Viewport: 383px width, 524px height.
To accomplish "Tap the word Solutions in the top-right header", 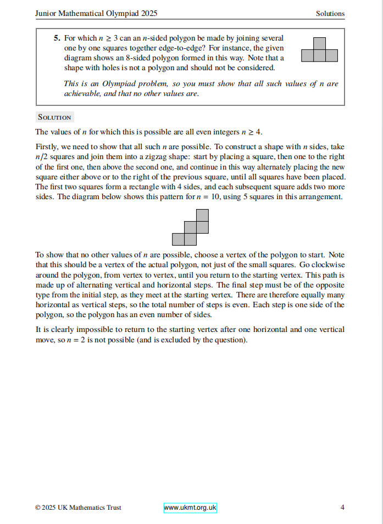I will click(x=330, y=13).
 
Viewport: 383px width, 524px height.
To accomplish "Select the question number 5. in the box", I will click(x=57, y=38).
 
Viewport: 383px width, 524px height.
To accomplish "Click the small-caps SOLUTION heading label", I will click(x=54, y=117).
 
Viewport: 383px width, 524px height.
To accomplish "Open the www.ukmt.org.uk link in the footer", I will click(x=190, y=508).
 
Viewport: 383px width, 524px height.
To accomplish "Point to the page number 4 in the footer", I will click(x=342, y=508).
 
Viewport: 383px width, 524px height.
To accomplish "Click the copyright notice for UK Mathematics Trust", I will click(x=78, y=508).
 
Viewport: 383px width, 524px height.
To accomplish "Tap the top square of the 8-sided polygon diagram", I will click(x=319, y=43).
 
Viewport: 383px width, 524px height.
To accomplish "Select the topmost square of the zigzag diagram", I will click(x=202, y=215).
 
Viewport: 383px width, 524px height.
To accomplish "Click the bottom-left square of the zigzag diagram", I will click(x=178, y=239).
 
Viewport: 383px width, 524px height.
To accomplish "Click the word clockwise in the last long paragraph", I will click(x=328, y=265).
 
